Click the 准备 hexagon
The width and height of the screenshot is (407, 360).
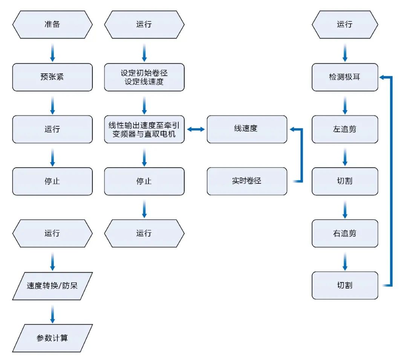pos(52,24)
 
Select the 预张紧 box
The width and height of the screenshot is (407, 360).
pos(52,77)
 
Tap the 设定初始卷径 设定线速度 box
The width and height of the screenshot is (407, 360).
pos(144,77)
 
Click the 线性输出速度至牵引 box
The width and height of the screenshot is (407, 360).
pos(144,129)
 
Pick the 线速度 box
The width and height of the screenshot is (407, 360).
pos(247,129)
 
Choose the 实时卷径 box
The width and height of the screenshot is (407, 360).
pos(247,181)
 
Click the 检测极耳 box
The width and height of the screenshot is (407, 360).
pos(345,77)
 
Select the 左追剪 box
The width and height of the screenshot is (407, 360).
pos(345,129)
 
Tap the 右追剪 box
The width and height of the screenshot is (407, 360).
pos(345,233)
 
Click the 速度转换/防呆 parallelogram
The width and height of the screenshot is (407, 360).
pos(52,286)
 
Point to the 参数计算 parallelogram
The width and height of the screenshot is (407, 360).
pos(52,338)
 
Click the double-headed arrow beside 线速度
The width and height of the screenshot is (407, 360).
pos(196,129)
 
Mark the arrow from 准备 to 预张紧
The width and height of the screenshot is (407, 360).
pos(52,53)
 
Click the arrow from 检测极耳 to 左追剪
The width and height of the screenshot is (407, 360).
pos(345,105)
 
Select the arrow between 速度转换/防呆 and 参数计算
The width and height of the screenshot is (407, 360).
pos(52,314)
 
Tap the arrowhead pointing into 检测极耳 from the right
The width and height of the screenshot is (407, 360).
pos(382,77)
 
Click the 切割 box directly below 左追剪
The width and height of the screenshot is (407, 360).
pos(345,181)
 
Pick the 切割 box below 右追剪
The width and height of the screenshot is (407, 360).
pos(345,285)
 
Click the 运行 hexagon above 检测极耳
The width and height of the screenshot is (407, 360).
pos(345,24)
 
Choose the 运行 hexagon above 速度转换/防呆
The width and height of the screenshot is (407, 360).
pos(52,233)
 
